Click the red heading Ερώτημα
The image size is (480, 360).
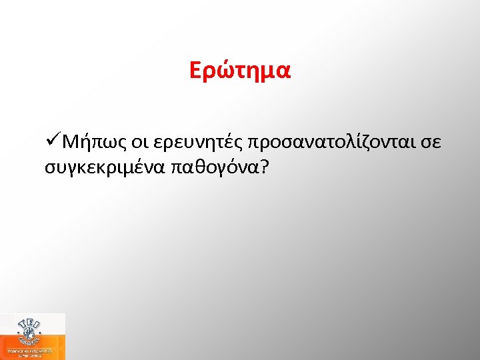click(240, 71)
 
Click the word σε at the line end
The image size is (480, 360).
click(432, 143)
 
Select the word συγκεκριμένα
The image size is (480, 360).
click(105, 167)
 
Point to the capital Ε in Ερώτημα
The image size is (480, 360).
click(195, 71)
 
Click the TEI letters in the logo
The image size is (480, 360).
click(31, 322)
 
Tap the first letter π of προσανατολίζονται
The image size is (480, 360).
click(253, 144)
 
